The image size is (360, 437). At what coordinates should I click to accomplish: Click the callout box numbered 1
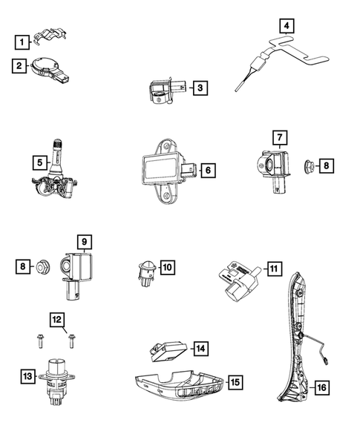[x=25, y=42]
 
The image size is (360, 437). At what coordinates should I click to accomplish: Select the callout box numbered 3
[x=199, y=89]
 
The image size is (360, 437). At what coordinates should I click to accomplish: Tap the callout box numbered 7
[x=279, y=137]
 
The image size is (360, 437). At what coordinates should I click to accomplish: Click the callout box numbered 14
[x=200, y=347]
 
